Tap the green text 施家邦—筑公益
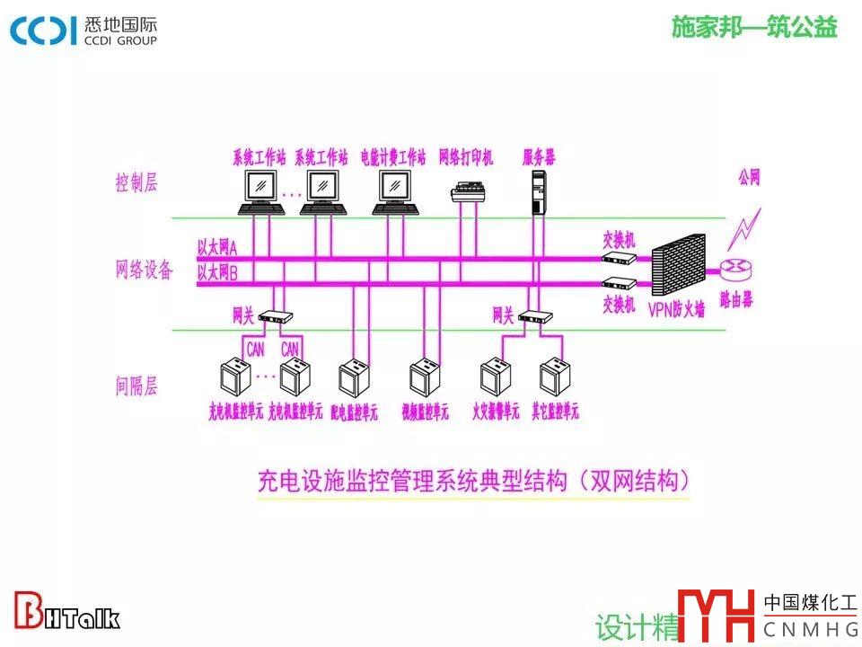coord(754,28)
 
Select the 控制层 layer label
coord(136,183)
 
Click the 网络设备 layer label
coord(144,270)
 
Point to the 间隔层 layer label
coord(136,387)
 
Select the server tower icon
coord(539,192)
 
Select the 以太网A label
coord(217,246)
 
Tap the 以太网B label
coord(217,271)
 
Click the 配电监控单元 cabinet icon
coord(353,378)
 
